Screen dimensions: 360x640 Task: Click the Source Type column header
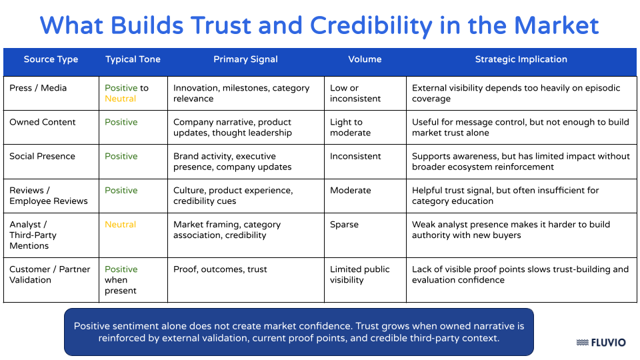[51, 59]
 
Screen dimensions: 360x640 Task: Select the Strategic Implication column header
[521, 59]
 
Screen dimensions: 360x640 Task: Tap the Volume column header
[365, 59]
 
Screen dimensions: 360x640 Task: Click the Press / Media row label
[38, 88]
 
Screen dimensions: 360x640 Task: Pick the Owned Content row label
[43, 122]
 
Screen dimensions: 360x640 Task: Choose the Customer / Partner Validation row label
[49, 275]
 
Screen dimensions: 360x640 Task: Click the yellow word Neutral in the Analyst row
[120, 225]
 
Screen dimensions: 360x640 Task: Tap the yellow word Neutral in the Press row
[120, 99]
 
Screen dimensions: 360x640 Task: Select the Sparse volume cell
[345, 225]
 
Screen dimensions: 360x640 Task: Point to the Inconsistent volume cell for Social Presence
[355, 156]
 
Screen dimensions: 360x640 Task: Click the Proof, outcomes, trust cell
[220, 269]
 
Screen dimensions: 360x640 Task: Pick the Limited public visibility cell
[359, 275]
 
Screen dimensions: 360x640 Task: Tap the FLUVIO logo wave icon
[582, 343]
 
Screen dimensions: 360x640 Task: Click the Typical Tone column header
[133, 59]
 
